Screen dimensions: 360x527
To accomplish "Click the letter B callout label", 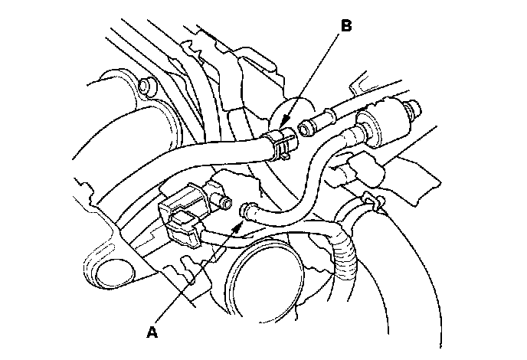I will (x=346, y=26).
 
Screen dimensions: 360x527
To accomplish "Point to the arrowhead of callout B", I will (x=281, y=126).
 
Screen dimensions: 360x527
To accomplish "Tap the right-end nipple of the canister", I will (x=415, y=106).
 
